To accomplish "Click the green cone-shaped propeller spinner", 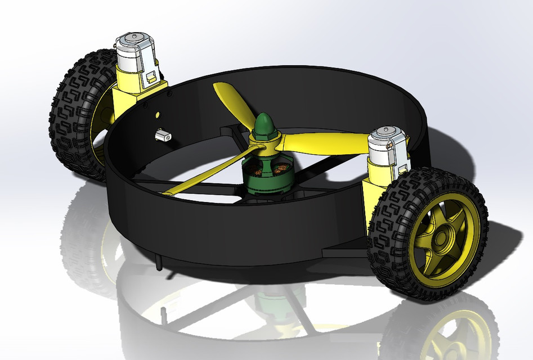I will coord(263,123).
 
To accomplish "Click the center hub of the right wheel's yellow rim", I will coord(440,239).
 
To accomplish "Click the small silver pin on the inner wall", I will coord(163,135).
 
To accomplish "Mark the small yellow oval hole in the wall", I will coord(158,114).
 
